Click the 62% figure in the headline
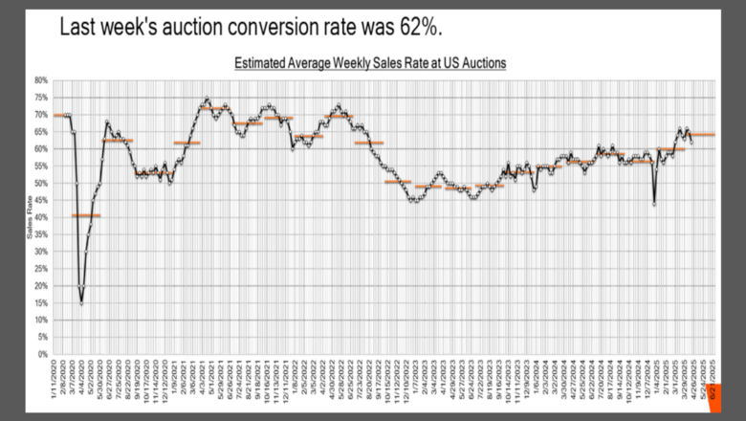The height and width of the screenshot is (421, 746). pos(417,28)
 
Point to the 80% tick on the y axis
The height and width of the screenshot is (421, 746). pos(41,80)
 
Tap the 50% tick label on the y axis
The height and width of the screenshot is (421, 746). pos(41,184)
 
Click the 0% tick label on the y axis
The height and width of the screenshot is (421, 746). pos(43,354)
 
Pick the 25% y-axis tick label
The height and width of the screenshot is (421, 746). pos(41,269)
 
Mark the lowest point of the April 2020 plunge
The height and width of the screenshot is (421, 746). pos(81,303)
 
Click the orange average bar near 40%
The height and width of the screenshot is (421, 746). pos(86,215)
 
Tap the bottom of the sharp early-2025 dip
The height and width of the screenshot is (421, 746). pos(654,204)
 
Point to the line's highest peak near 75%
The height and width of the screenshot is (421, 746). pos(206,98)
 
